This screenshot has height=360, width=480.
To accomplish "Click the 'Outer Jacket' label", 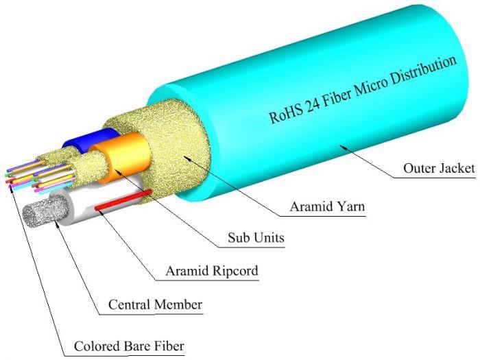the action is [439, 169].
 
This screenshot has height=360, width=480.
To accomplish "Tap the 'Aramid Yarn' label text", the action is [327, 206].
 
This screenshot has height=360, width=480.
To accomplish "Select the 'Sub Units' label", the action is [256, 238].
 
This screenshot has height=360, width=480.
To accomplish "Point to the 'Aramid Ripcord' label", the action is [212, 271].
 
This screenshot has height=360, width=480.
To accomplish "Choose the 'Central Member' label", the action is [155, 304].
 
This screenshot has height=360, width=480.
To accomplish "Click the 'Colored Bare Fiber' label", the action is [129, 346].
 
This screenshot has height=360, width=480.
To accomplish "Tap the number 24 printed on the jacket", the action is [313, 104].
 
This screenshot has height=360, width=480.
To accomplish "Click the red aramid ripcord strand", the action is [123, 200].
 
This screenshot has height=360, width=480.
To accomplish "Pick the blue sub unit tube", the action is [92, 140].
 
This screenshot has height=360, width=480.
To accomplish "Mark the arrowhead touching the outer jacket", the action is [344, 147].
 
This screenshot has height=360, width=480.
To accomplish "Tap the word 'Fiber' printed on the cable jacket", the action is [337, 97].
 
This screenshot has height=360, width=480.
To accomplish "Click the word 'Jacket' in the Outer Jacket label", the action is [457, 169].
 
